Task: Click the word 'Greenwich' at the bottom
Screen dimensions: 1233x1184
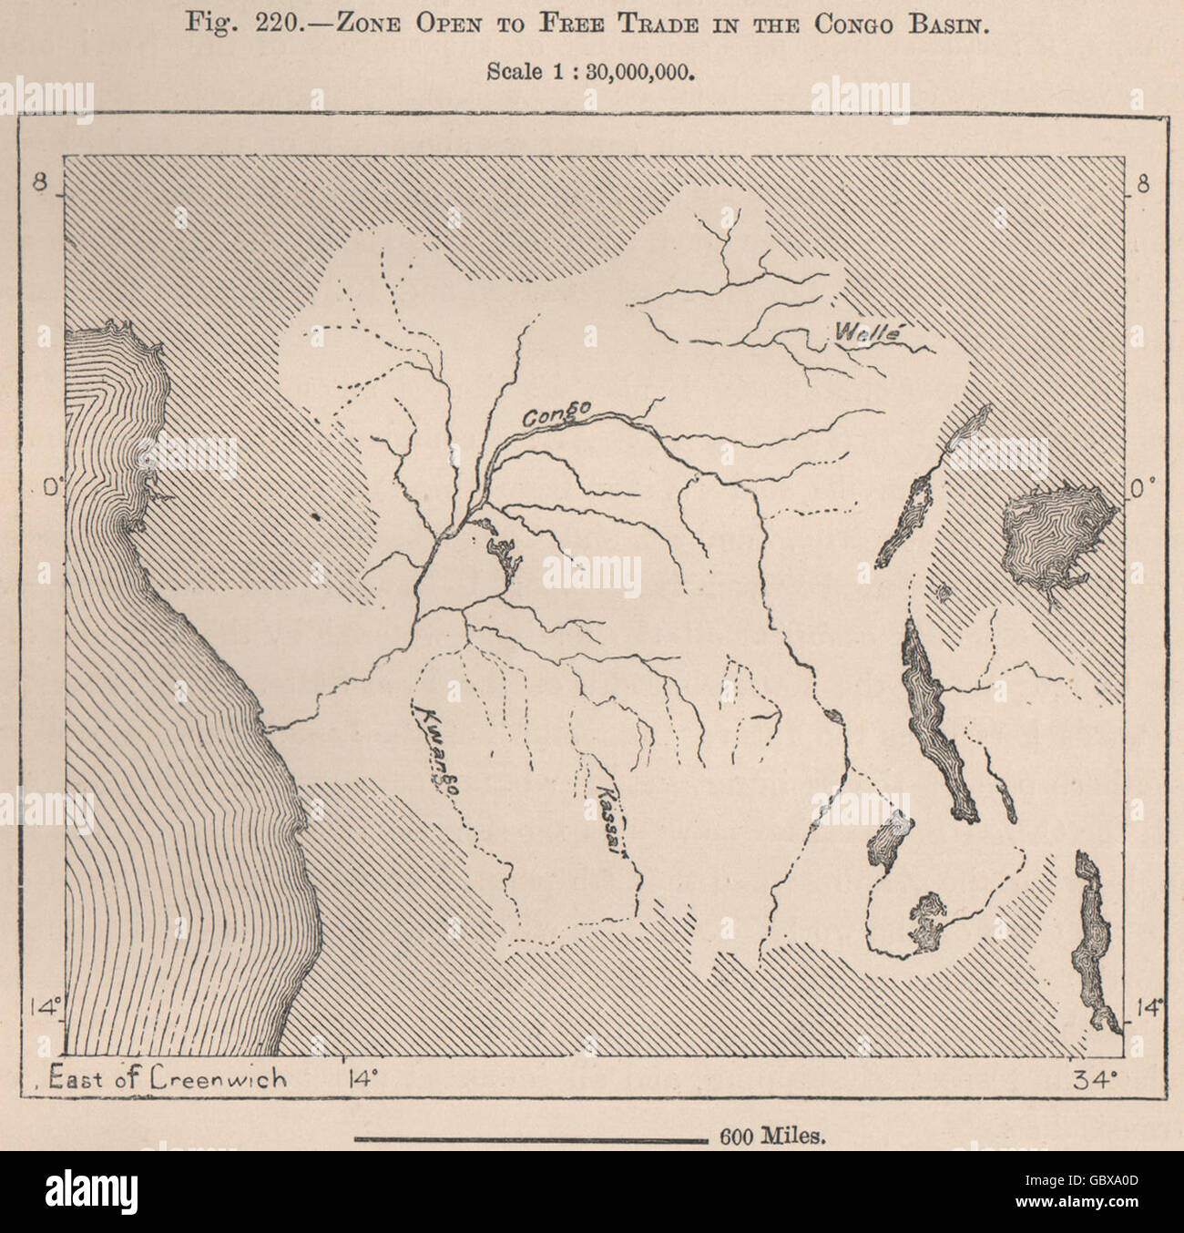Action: tap(219, 1078)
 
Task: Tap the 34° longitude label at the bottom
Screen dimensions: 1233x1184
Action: tap(1094, 1079)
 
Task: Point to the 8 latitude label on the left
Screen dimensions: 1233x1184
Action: tap(40, 183)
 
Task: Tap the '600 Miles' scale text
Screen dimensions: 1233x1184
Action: tap(773, 1136)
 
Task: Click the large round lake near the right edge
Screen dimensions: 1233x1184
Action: tap(1056, 533)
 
